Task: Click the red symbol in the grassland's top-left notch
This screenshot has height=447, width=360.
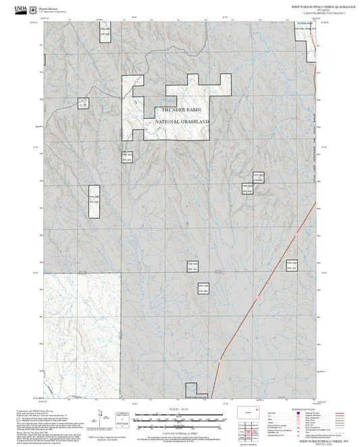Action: pos(137,82)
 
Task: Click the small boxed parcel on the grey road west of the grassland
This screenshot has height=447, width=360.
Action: pos(84,103)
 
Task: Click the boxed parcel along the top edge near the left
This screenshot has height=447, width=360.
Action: pos(105,34)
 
